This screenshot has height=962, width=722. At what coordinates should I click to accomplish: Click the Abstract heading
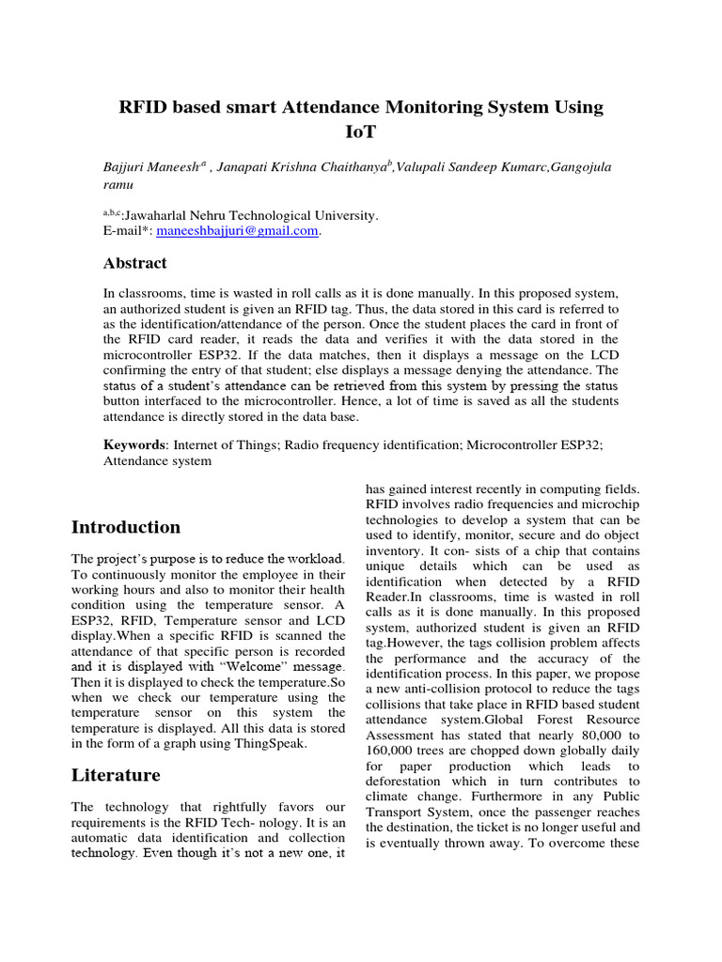click(x=134, y=263)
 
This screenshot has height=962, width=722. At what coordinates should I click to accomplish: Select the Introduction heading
click(x=126, y=527)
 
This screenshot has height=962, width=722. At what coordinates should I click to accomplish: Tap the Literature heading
click(x=116, y=775)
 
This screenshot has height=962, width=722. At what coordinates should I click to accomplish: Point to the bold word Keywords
click(x=134, y=444)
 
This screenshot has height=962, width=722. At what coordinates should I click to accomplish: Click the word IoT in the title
click(x=360, y=131)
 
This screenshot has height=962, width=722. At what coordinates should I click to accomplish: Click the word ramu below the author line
click(x=118, y=186)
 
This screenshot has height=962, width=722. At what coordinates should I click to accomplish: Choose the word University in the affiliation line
click(x=344, y=215)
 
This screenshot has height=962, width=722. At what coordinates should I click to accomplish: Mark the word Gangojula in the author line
click(x=578, y=167)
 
